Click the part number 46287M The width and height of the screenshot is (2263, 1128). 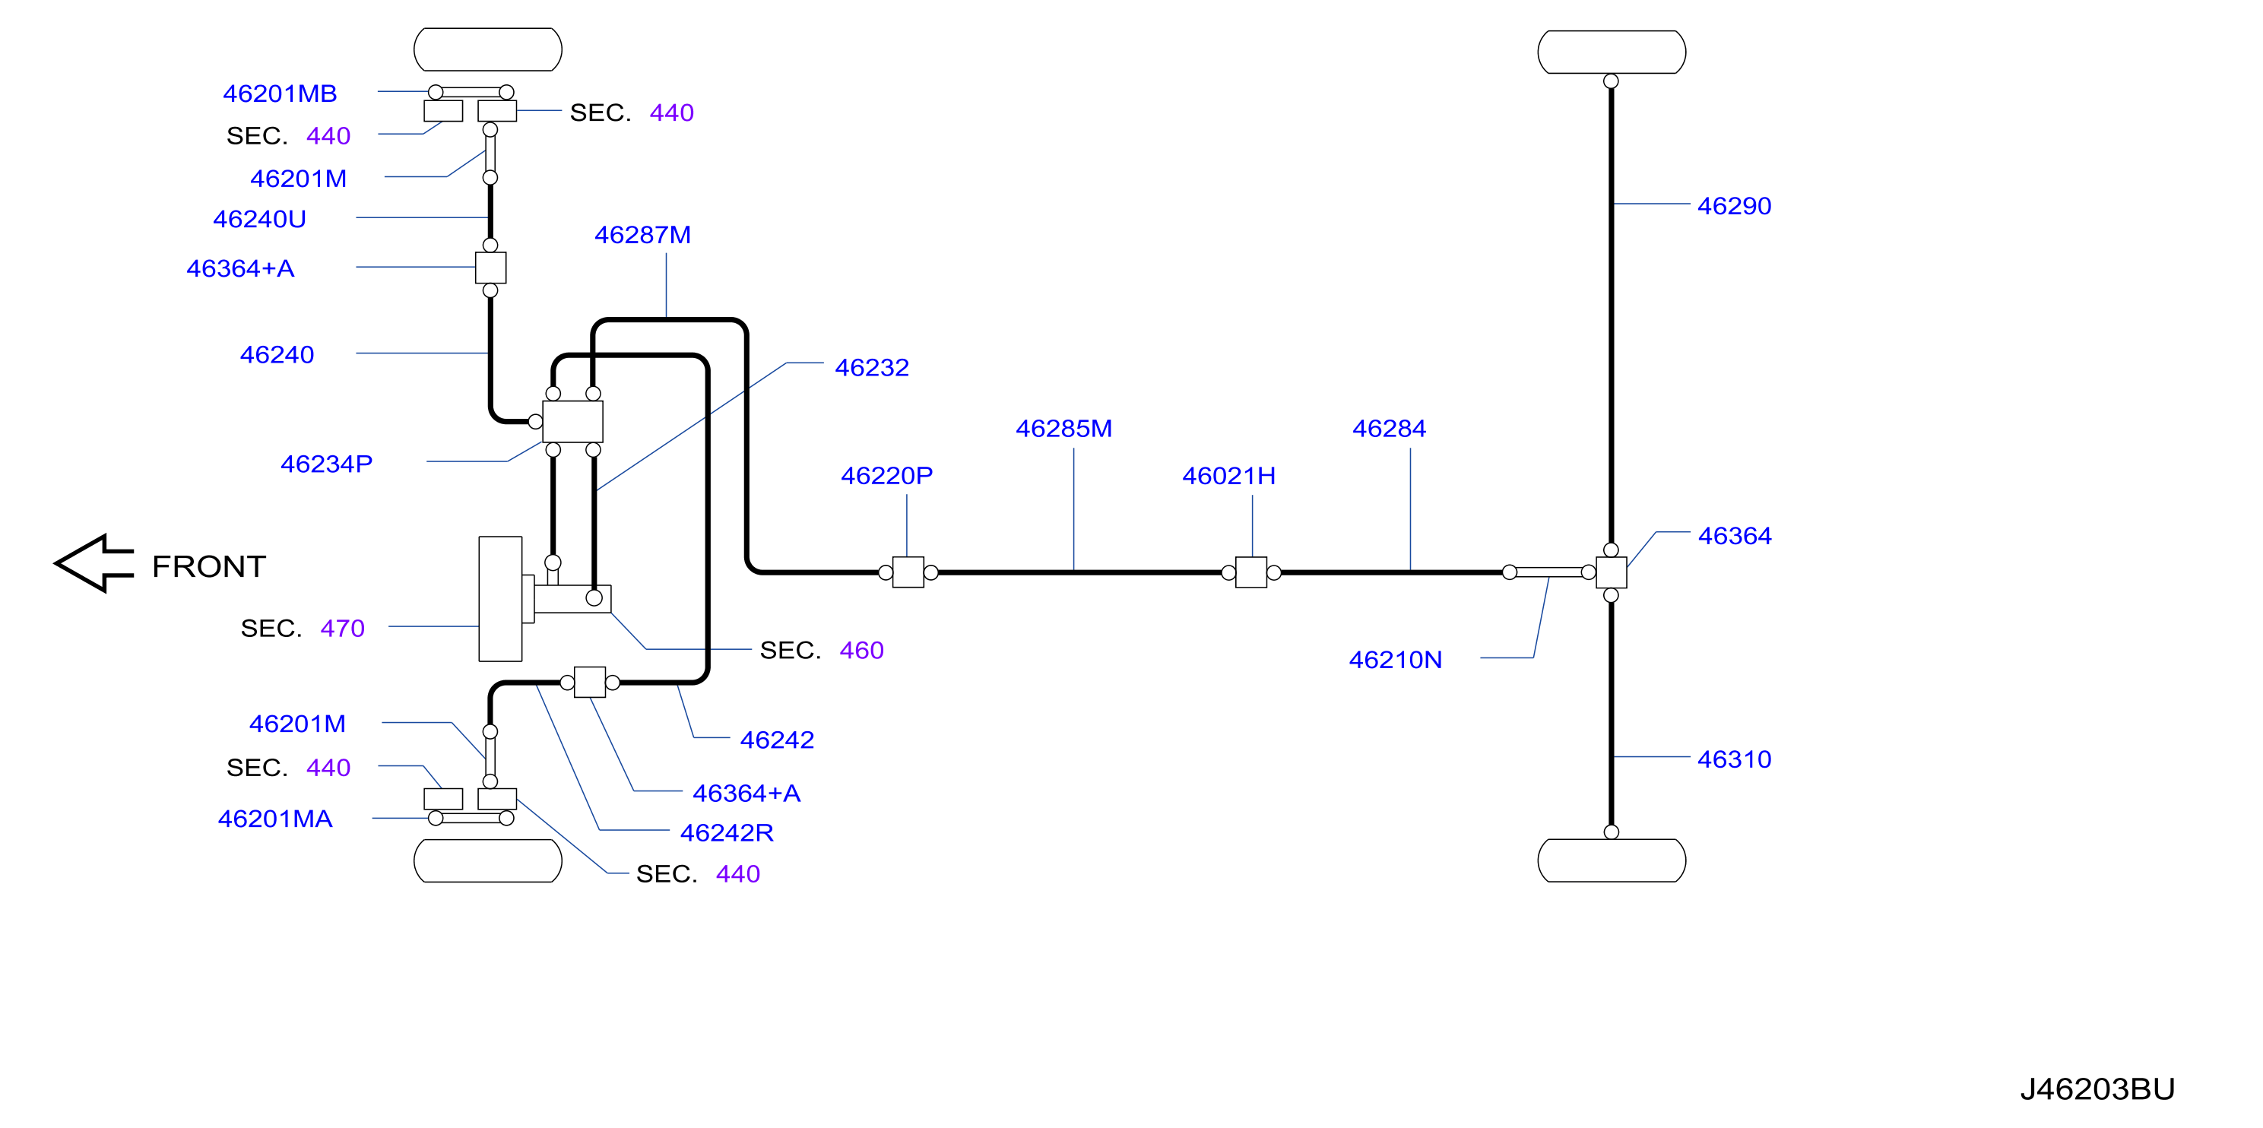pyautogui.click(x=642, y=235)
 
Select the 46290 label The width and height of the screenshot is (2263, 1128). pyautogui.click(x=1733, y=205)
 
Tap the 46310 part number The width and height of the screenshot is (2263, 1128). pyautogui.click(x=1733, y=759)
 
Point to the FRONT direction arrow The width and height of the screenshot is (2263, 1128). pyautogui.click(x=94, y=563)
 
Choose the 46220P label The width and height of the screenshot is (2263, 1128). pyautogui.click(x=886, y=475)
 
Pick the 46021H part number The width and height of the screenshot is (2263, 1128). pyautogui.click(x=1228, y=475)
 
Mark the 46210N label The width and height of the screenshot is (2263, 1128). pyautogui.click(x=1395, y=660)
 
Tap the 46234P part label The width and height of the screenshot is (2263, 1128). pyautogui.click(x=326, y=464)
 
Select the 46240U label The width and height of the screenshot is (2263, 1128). pyautogui.click(x=259, y=219)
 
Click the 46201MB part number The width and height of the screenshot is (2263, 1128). pyautogui.click(x=280, y=93)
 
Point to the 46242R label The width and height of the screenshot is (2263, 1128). pyautogui.click(x=727, y=833)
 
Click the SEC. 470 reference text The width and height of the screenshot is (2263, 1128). pyautogui.click(x=303, y=628)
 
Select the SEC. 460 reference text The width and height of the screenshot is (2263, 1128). pyautogui.click(x=822, y=650)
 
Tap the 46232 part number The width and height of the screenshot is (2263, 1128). pyautogui.click(x=871, y=367)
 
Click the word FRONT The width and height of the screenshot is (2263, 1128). pyautogui.click(x=209, y=566)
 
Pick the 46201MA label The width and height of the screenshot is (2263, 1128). pyautogui.click(x=275, y=819)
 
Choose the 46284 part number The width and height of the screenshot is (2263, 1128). pyautogui.click(x=1388, y=429)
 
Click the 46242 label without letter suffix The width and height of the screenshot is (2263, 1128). pyautogui.click(x=777, y=740)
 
